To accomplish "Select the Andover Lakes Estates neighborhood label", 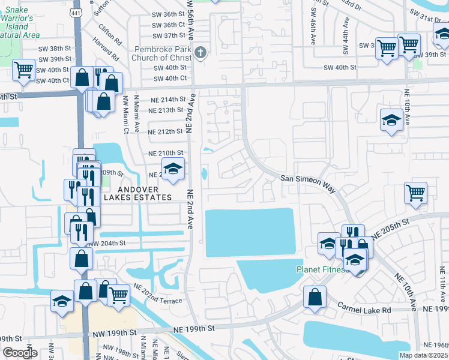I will [x=137, y=193].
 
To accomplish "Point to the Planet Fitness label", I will [x=322, y=269].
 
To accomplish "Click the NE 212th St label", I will [x=166, y=131].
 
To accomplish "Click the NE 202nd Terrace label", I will [x=158, y=291].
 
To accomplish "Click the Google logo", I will [x=20, y=353].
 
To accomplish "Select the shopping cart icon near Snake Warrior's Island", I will [x=24, y=70].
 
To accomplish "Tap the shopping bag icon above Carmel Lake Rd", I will [x=315, y=297].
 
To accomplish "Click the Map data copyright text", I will [x=424, y=355].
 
